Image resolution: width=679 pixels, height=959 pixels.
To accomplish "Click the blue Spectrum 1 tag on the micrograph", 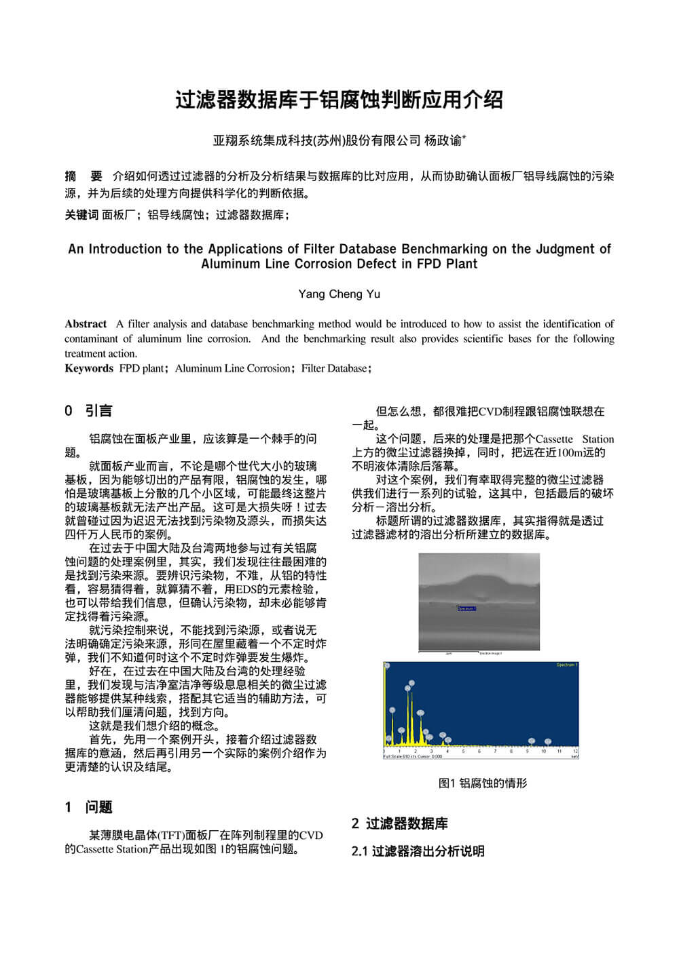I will click(466, 608).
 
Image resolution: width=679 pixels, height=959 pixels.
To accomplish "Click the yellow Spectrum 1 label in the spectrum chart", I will click(566, 665).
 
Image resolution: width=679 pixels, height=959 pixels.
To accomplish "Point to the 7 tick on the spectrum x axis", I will click(496, 751).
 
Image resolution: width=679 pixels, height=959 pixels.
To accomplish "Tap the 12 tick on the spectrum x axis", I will click(575, 751).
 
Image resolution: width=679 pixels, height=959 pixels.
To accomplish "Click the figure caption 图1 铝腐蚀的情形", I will click(483, 783).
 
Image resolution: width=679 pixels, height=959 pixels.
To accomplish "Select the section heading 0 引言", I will click(88, 410).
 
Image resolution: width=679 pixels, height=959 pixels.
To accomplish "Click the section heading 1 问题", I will click(88, 807).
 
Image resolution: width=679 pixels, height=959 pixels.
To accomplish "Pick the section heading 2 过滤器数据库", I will click(400, 823).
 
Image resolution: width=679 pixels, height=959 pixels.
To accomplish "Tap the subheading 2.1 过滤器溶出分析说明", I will click(418, 851).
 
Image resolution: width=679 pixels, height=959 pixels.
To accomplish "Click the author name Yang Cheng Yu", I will click(339, 294).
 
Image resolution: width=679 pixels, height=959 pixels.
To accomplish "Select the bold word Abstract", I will click(86, 324).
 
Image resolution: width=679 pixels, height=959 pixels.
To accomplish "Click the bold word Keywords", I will click(89, 368).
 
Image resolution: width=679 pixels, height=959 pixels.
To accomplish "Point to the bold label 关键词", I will click(81, 215).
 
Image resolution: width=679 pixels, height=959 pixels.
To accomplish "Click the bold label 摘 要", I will click(83, 176).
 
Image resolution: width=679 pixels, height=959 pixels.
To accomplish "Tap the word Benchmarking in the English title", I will click(445, 249).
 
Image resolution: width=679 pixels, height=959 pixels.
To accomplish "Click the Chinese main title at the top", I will click(339, 100).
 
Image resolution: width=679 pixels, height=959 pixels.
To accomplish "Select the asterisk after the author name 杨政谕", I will click(464, 138).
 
